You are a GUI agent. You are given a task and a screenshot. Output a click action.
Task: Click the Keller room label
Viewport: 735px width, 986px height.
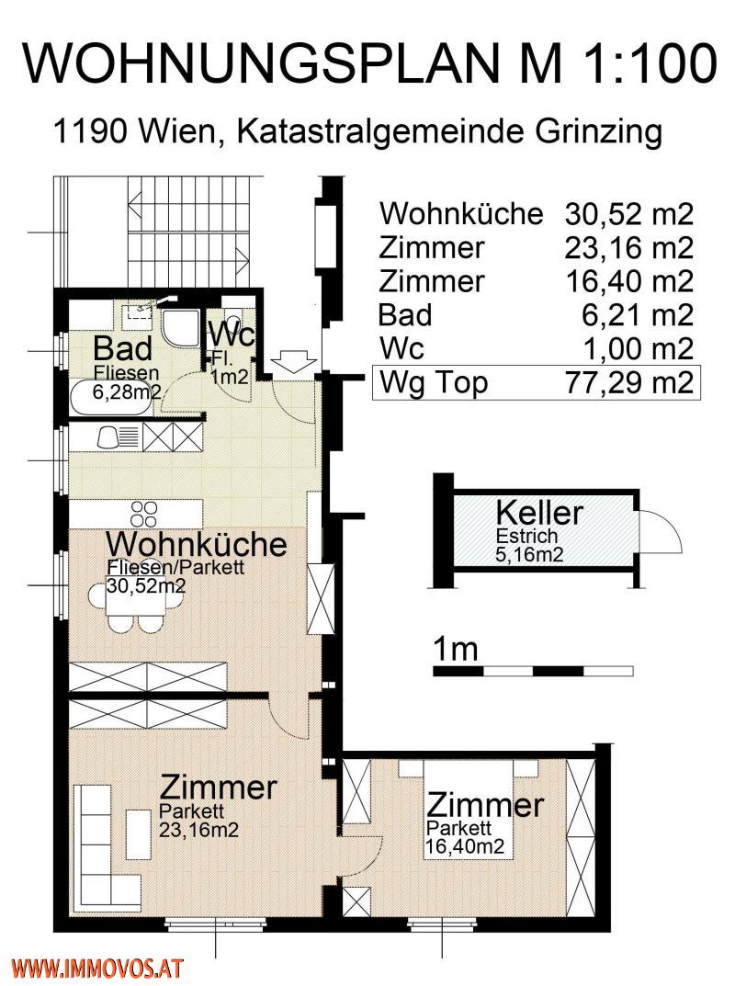click(x=539, y=513)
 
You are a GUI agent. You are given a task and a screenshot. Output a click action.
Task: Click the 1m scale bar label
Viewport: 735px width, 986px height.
click(x=455, y=650)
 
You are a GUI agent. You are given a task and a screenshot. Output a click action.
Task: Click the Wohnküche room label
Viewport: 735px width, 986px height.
click(x=196, y=543)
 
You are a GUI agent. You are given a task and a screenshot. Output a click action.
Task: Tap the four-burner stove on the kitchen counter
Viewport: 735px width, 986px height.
click(x=144, y=512)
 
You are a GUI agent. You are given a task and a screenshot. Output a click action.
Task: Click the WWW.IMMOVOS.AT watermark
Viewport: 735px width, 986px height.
click(x=96, y=968)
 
